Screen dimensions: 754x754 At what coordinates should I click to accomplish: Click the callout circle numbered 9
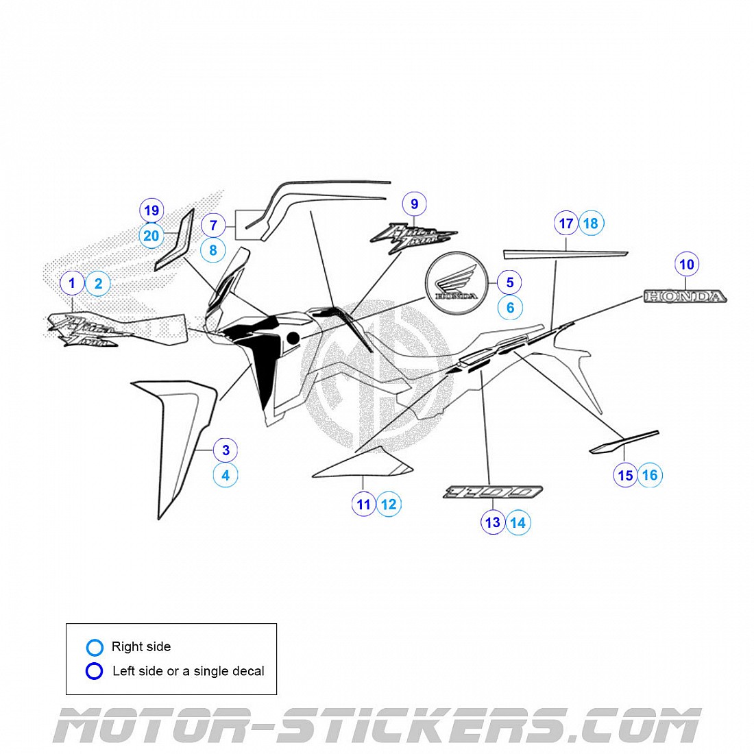[414, 204]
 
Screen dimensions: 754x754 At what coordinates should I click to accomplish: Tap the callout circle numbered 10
[686, 264]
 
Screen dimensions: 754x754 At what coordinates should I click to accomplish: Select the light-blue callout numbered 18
[590, 223]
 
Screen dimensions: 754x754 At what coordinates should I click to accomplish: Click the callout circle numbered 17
[566, 223]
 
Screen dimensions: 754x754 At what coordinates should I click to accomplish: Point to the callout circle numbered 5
[509, 282]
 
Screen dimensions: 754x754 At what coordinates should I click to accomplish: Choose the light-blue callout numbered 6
[509, 308]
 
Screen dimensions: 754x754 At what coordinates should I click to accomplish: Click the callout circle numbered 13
[492, 522]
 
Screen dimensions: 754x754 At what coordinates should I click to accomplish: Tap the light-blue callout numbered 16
[650, 474]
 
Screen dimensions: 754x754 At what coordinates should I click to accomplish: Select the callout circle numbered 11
[363, 504]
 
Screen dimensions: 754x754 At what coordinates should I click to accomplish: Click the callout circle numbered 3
[226, 450]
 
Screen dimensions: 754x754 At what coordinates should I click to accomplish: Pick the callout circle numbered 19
[151, 210]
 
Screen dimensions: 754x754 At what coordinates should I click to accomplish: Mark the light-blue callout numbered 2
[98, 283]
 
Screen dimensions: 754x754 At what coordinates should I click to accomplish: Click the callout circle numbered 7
[213, 225]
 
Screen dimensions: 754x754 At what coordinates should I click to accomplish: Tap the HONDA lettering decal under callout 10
[685, 296]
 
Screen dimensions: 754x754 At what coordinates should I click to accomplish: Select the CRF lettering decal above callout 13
[493, 491]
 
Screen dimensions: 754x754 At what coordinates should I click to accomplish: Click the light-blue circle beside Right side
[95, 647]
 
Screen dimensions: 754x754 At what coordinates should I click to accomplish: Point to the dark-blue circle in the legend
[95, 671]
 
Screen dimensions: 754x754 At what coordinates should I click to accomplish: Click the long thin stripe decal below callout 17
[565, 254]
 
